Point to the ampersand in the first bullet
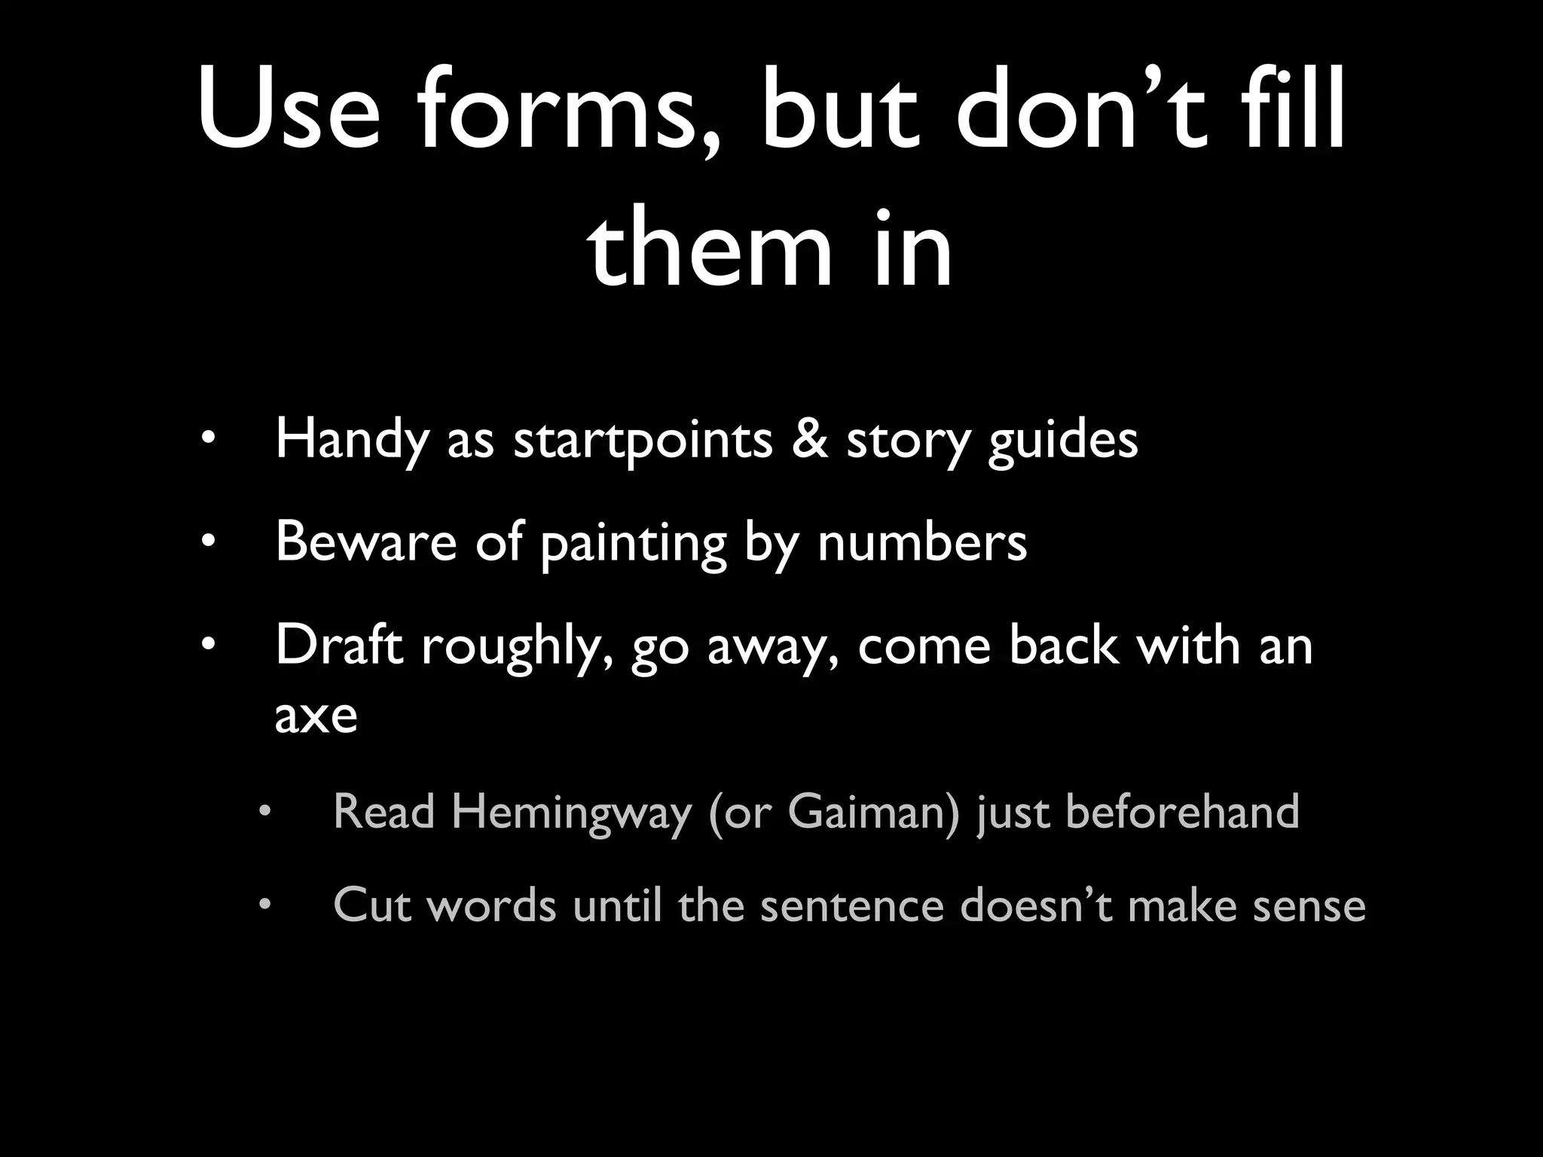(808, 439)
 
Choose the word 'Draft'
(339, 646)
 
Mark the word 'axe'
(316, 716)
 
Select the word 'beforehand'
(1183, 812)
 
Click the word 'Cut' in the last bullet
(372, 905)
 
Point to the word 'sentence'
(851, 905)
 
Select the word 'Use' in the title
(289, 113)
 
